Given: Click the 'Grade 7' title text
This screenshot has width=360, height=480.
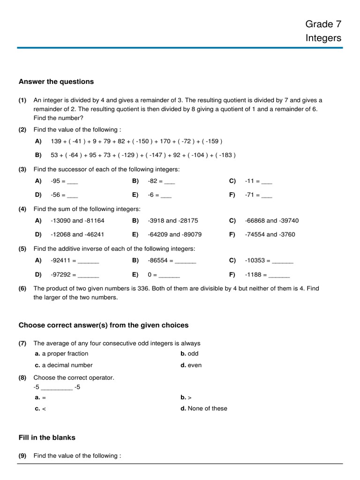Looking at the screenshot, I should tap(323, 24).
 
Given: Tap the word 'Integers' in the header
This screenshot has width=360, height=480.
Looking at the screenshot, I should tap(323, 38).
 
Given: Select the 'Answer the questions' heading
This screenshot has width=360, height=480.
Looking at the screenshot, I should tap(56, 82).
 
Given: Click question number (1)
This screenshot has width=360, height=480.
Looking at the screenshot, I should tap(22, 100).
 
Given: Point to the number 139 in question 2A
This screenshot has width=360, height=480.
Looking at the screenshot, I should tap(56, 141).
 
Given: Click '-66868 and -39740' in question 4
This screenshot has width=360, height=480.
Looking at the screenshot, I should tap(271, 221).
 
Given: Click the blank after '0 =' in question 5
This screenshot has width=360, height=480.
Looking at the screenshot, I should tap(169, 275).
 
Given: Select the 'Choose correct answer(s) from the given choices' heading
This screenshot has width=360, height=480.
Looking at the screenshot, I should tap(103, 325).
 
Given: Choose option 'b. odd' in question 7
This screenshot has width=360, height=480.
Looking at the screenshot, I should tap(189, 354).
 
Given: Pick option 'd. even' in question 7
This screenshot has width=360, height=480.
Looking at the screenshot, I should tap(191, 365).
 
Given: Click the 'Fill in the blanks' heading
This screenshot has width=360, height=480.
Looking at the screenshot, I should tap(47, 437).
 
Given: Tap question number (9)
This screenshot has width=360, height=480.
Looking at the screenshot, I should tap(22, 456).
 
